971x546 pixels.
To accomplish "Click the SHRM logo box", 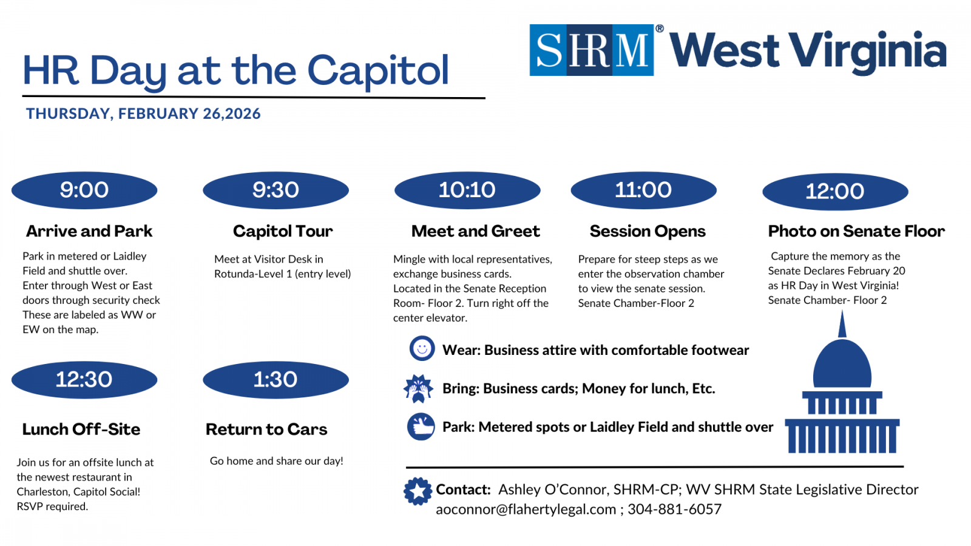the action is [x=591, y=50].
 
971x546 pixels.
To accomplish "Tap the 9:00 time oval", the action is [x=84, y=190].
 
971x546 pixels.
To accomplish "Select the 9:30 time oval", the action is [x=276, y=190].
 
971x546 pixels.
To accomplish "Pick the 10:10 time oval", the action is [x=467, y=190].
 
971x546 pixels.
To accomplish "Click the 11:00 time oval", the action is [x=644, y=190].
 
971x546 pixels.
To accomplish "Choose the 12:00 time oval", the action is [x=835, y=192].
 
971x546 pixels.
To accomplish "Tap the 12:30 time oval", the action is [x=84, y=380].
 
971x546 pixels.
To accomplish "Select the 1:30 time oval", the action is [x=276, y=380].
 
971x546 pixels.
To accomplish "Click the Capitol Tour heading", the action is [x=283, y=231].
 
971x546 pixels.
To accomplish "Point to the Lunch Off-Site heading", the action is [x=81, y=430].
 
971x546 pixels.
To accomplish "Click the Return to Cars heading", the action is [x=266, y=430].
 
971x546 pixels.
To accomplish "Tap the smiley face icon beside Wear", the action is [x=422, y=348].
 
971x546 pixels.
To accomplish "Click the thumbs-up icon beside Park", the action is [x=421, y=427].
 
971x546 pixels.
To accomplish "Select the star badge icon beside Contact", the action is [x=418, y=491].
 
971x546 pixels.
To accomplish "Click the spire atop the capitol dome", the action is [x=842, y=324].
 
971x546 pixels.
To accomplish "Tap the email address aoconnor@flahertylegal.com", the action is [x=526, y=509].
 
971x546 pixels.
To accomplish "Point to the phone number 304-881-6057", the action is [x=674, y=509].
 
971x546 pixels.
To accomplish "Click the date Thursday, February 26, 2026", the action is [x=143, y=114].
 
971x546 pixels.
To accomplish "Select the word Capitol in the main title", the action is [x=378, y=70].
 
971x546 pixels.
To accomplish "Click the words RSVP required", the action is [x=52, y=507].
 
